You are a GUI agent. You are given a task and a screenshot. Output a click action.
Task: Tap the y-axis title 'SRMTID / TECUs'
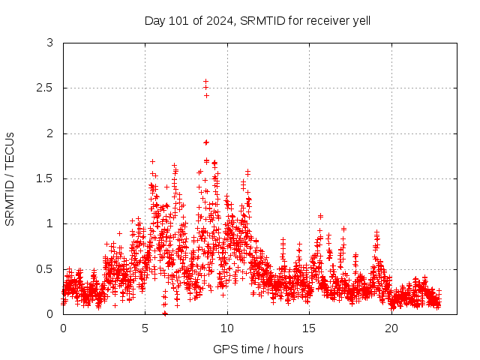(10, 178)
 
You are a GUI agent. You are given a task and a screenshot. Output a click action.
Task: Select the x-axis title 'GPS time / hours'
(258, 349)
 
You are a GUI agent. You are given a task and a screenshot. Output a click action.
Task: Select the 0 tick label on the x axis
(63, 328)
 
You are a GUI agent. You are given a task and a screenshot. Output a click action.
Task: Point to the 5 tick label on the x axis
(145, 328)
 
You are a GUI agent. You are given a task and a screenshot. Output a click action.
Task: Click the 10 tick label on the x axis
(227, 328)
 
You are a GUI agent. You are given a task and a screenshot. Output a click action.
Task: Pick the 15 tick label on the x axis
(310, 328)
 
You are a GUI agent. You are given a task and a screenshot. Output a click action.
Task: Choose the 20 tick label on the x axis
(391, 328)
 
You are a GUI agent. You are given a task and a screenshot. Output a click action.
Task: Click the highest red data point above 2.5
(205, 81)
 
